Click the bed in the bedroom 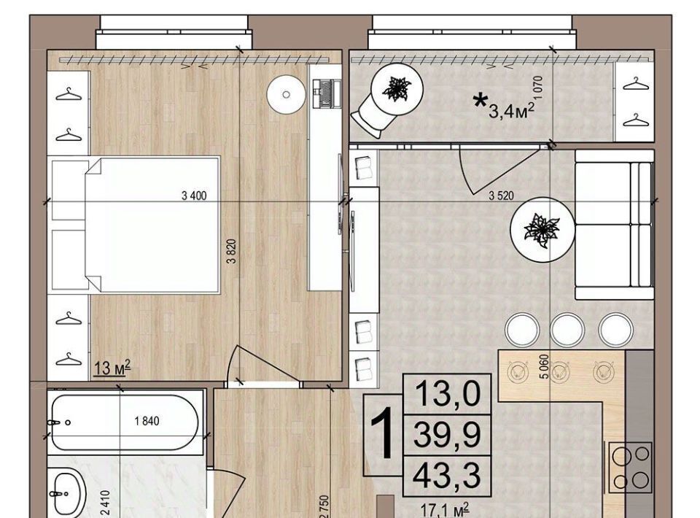tap(152, 225)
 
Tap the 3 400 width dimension tap(194, 196)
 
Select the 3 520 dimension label tap(502, 196)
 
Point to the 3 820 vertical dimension tap(231, 252)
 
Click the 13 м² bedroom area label tap(112, 368)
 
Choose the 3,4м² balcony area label tap(512, 110)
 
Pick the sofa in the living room tap(614, 225)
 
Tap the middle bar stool tap(567, 329)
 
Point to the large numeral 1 tap(382, 433)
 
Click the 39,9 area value tap(447, 435)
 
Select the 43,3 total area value tap(447, 476)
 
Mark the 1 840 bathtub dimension tap(147, 421)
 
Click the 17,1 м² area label tap(445, 509)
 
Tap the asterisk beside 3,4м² tap(480, 101)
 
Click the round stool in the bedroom tap(286, 95)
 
